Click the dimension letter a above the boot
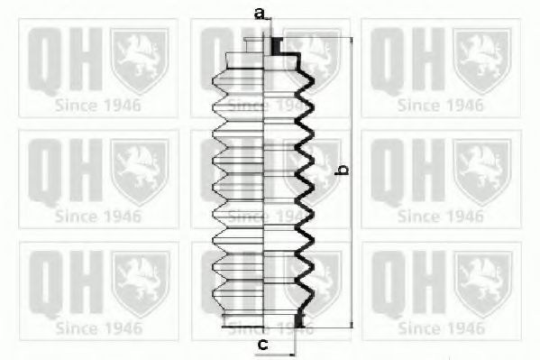[261, 14]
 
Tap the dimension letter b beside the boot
[342, 170]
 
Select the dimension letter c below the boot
[263, 344]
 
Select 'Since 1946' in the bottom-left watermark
[97, 328]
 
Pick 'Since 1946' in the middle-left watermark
[97, 216]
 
